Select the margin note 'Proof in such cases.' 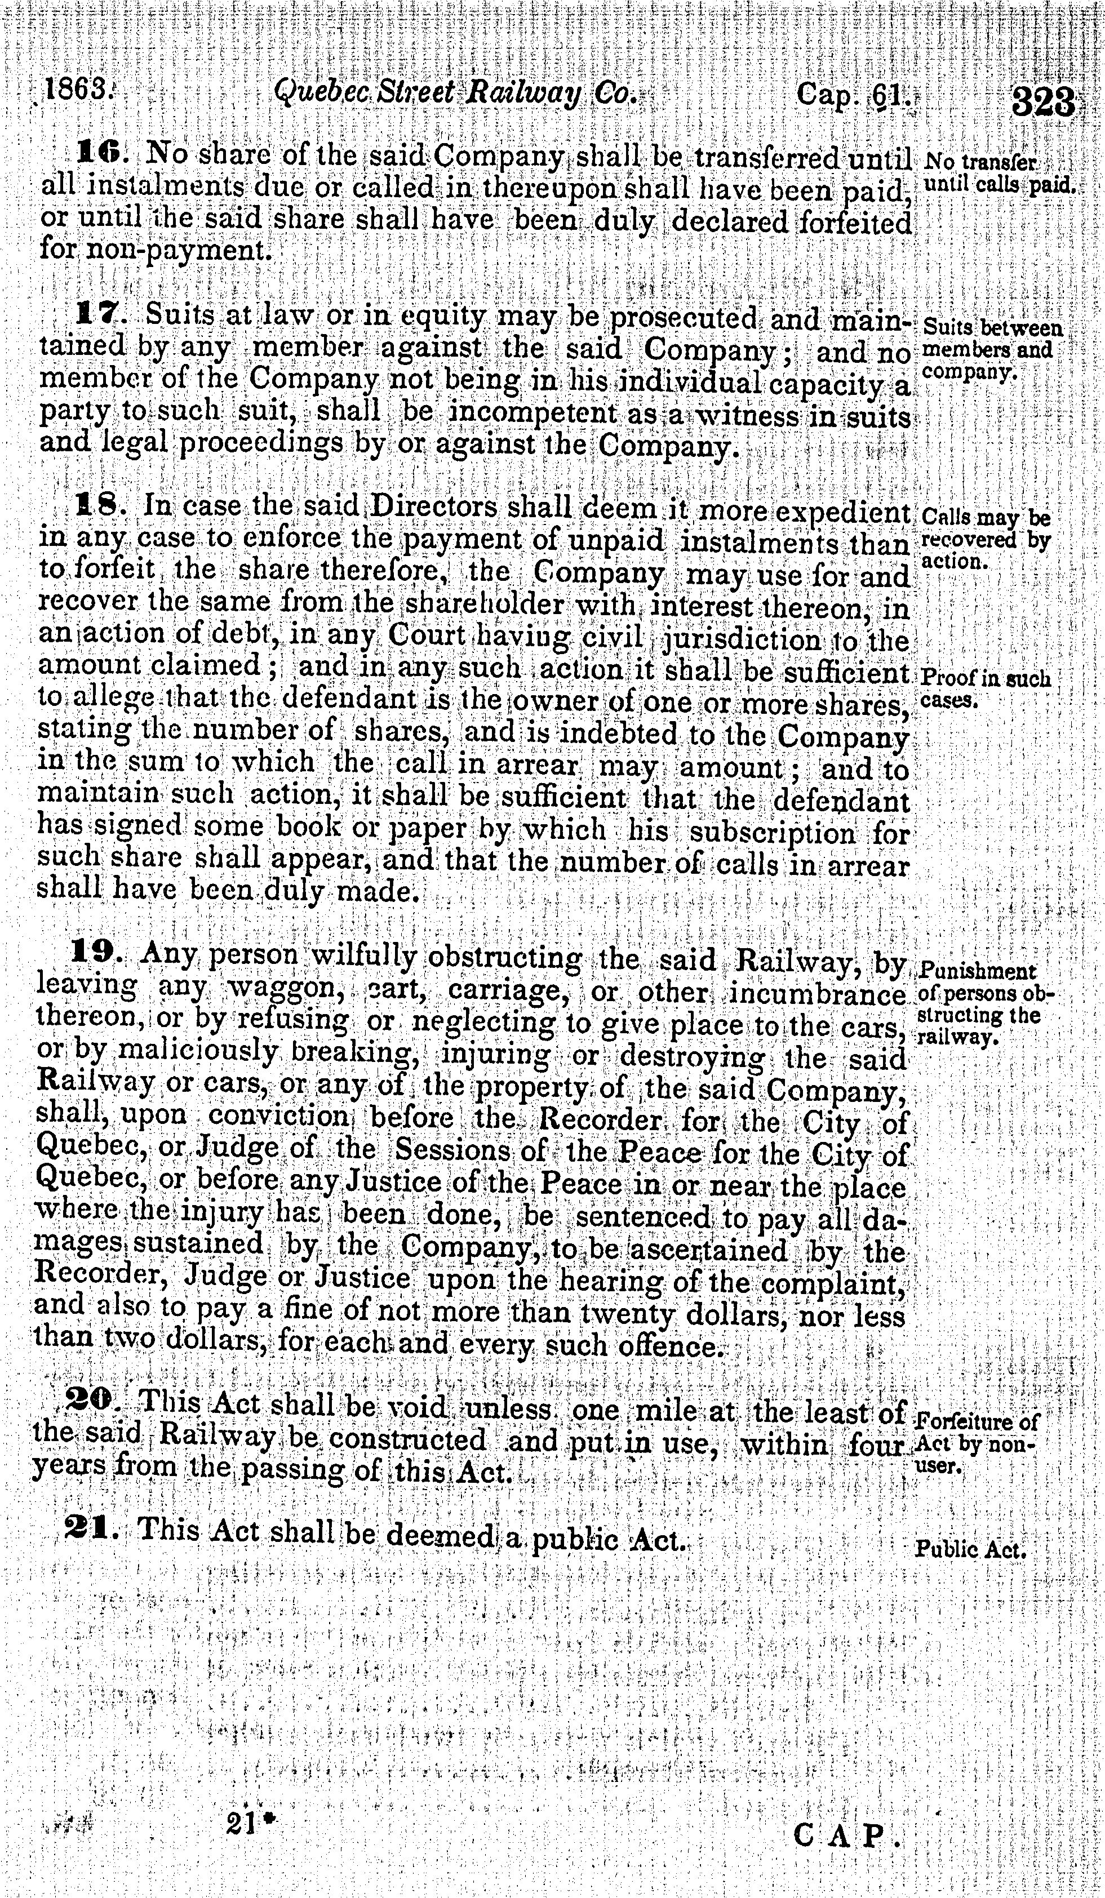tap(985, 688)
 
